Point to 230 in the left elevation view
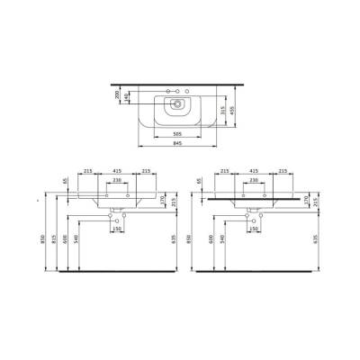click(118, 179)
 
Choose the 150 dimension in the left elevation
click(118, 229)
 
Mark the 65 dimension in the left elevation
click(66, 181)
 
